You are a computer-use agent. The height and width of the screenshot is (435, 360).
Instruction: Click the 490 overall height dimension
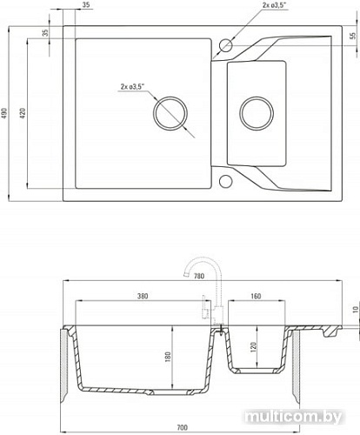(x=4, y=113)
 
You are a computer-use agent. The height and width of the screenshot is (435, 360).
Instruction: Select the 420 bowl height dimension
(x=23, y=113)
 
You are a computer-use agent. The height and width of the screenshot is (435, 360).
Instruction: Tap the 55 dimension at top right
(x=352, y=36)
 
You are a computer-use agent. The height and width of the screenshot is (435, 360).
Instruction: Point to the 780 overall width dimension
(x=199, y=276)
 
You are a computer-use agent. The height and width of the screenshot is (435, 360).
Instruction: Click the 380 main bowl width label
(x=143, y=296)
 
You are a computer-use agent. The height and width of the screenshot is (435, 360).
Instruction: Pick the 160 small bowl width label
(x=256, y=296)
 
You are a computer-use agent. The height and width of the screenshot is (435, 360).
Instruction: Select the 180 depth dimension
(x=168, y=357)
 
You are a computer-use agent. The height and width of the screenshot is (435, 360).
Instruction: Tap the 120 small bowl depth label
(x=253, y=347)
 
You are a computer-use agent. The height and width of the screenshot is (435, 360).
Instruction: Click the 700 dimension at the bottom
(x=182, y=427)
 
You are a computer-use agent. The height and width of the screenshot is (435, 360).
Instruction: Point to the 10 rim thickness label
(x=356, y=310)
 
